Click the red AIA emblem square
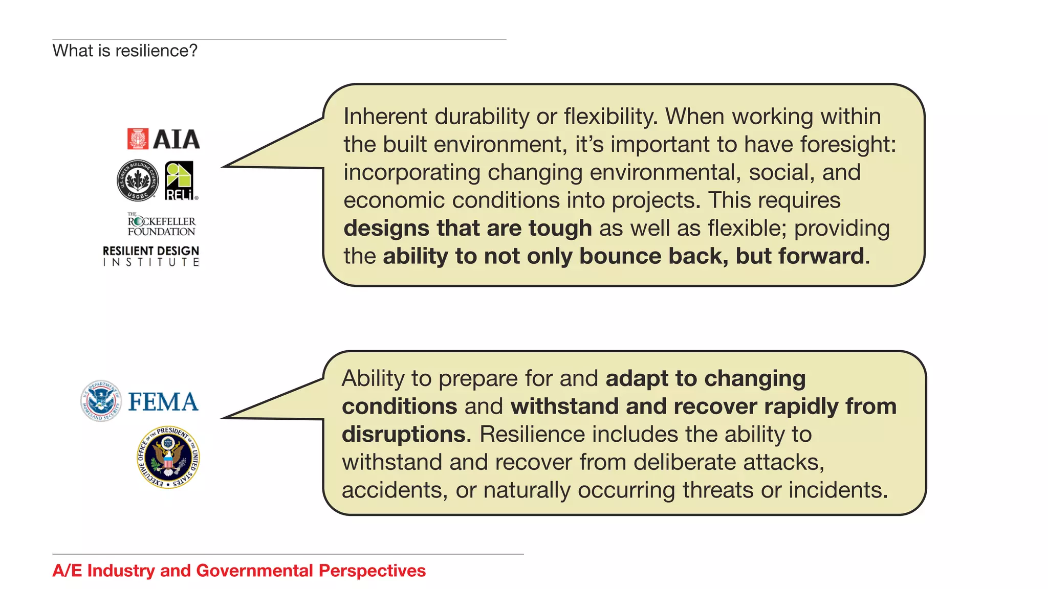click(x=138, y=139)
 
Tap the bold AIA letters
click(x=176, y=140)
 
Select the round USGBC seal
click(x=138, y=180)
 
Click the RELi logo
click(x=180, y=181)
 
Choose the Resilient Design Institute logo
click(x=151, y=256)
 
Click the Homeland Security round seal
click(x=101, y=401)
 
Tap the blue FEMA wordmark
click(x=163, y=402)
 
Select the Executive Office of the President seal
click(x=168, y=458)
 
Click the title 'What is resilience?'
click(x=125, y=51)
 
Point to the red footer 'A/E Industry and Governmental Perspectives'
click(x=239, y=571)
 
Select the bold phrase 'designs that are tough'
click(x=468, y=228)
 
